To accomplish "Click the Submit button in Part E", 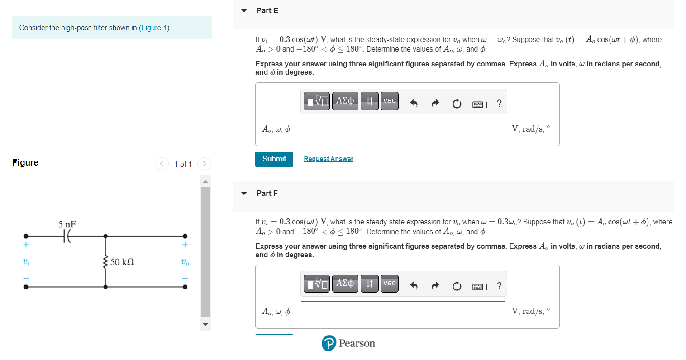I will [274, 159].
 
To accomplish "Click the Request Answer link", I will [329, 159].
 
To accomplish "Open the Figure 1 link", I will [154, 28].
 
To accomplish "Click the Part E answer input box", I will [402, 129].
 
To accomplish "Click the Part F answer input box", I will [402, 312].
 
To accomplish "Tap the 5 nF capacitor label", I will [67, 224].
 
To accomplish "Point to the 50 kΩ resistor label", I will [122, 262].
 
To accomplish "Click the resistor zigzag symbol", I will [105, 262].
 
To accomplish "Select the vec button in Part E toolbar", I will [389, 101].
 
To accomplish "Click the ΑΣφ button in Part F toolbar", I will [345, 284].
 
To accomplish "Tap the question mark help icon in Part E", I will [499, 104].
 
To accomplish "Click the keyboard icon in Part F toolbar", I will [479, 287].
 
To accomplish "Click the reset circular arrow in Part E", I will [457, 104].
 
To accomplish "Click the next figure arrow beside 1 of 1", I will [205, 164].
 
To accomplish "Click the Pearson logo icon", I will [329, 343].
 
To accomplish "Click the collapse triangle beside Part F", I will [244, 193].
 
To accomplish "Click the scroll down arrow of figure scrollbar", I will [206, 324].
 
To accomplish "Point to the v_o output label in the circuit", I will [185, 262].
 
